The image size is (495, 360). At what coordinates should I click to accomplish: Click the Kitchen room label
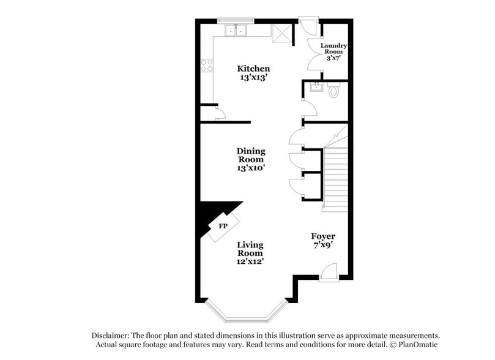click(253, 69)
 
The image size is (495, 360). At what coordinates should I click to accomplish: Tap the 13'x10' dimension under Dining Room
click(251, 167)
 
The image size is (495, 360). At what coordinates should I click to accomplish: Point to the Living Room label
click(250, 249)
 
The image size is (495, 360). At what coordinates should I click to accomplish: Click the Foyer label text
click(322, 236)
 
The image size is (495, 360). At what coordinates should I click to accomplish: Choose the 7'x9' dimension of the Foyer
click(322, 245)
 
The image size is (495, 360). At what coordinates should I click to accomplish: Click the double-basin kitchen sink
click(235, 31)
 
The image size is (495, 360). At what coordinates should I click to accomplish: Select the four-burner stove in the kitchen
click(206, 65)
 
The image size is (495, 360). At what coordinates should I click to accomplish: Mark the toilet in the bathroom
click(333, 91)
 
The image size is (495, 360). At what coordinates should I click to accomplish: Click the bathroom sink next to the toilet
click(316, 88)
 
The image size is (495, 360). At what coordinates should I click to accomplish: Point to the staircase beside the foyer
click(335, 178)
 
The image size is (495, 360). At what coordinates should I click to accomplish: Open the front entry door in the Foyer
click(328, 272)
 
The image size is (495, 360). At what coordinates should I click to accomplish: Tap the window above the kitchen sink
click(236, 20)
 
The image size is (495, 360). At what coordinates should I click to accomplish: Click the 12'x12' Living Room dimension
click(251, 261)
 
